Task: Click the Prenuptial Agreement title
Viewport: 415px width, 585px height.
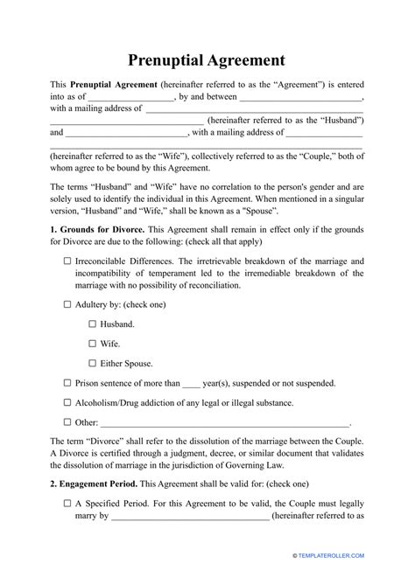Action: [x=207, y=60]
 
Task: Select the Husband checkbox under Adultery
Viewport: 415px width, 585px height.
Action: [x=93, y=324]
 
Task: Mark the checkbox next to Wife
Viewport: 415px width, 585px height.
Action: [x=93, y=344]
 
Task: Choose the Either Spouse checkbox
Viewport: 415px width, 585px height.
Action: [x=93, y=363]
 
